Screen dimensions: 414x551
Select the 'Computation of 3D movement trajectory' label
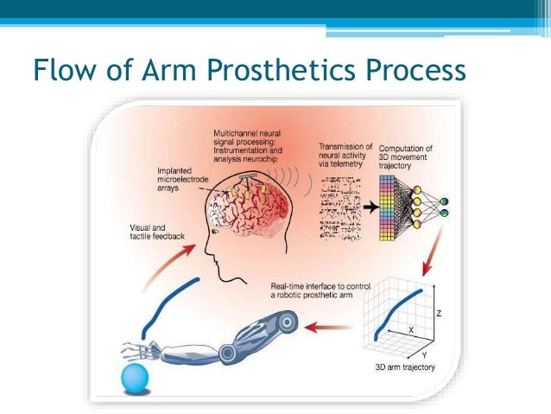tap(405, 154)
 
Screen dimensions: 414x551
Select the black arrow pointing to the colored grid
tap(366, 208)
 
